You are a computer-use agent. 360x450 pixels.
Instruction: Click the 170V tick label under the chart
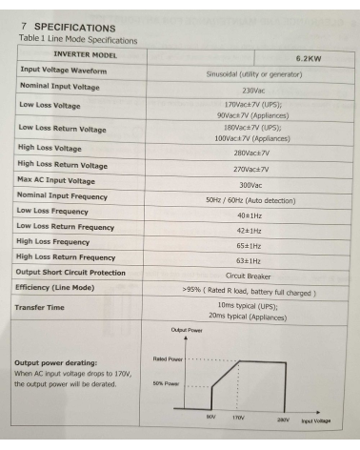point(240,418)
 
